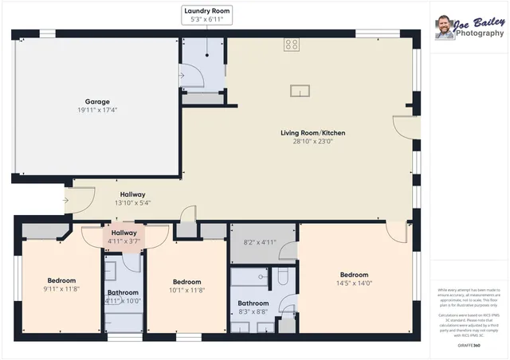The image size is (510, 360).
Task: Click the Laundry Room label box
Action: coord(206,15)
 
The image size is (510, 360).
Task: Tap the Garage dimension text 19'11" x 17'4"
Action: coord(97,111)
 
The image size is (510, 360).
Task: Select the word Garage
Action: coord(97,101)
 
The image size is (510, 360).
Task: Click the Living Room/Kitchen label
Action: coord(312,132)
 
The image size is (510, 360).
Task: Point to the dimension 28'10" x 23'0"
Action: coord(312,141)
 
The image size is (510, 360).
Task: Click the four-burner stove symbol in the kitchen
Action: coord(292,45)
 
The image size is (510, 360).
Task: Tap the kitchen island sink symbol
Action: coord(300,89)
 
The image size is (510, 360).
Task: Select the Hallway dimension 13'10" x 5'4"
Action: coord(132,203)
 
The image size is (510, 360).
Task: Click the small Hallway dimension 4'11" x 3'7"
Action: coord(124,241)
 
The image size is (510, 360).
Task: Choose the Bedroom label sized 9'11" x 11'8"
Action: coord(61,280)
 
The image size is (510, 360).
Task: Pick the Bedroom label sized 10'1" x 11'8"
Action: coord(186,281)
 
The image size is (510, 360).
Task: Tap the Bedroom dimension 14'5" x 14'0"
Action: coord(355,283)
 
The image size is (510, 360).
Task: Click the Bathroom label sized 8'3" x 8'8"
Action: coord(253,303)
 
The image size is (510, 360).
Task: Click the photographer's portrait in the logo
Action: coord(444,28)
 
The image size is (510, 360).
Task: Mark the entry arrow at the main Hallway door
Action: coord(65,199)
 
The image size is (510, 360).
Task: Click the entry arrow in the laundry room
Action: coord(183,76)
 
